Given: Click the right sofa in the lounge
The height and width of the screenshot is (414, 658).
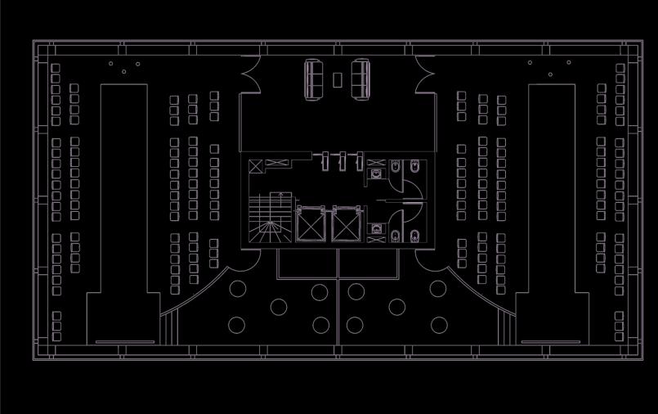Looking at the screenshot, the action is (x=360, y=79).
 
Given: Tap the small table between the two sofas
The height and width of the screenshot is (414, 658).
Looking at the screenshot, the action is (x=337, y=79).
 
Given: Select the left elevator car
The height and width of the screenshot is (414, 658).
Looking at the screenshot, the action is (x=310, y=224).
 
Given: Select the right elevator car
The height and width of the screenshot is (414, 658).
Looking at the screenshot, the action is (x=346, y=224).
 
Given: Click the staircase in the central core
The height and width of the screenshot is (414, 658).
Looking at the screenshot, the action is (x=270, y=216).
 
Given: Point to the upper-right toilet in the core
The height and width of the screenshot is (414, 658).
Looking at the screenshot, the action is (x=415, y=168).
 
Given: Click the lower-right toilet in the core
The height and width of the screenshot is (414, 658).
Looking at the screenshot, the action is (x=415, y=236).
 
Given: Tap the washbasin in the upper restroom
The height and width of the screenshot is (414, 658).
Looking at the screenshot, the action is (x=376, y=173).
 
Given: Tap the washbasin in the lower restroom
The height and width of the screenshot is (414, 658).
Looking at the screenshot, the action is (x=376, y=229).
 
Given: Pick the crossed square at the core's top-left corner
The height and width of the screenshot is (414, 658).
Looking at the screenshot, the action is (x=256, y=166).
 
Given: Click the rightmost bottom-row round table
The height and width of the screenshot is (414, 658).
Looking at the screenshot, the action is (x=439, y=325).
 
